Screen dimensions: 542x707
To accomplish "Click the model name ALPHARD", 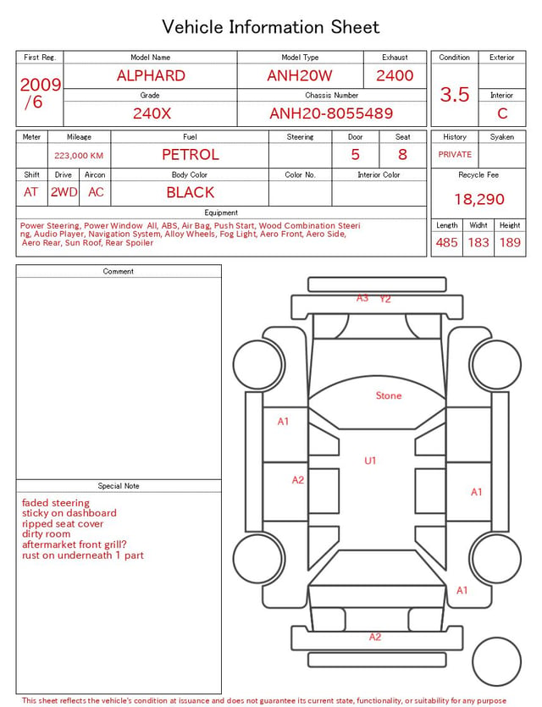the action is pos(151,75).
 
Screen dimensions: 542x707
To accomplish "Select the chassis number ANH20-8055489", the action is pos(331,113).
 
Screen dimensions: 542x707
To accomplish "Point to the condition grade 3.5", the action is pos(455,95).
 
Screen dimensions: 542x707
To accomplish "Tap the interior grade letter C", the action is pos(502,113).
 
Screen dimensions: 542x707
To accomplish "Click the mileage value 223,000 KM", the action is pos(79,156).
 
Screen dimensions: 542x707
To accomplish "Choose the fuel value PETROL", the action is pos(191,155).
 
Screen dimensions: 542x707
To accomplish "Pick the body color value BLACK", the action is pos(191,192).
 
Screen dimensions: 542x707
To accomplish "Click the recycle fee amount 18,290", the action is pos(478,199).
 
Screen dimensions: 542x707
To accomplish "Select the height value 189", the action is pos(510,242).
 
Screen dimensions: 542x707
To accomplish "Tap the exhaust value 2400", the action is pos(395,75).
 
